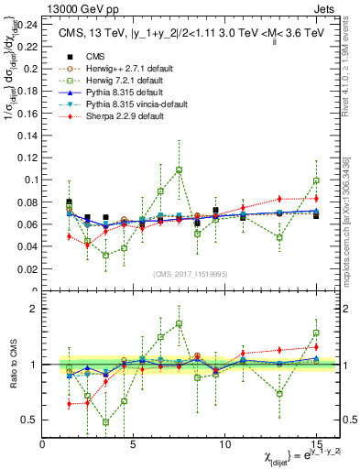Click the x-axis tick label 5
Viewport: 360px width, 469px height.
coord(134,443)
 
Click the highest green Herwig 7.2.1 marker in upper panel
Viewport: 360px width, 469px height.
coord(179,169)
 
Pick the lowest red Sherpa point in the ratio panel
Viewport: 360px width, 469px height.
coord(70,403)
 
